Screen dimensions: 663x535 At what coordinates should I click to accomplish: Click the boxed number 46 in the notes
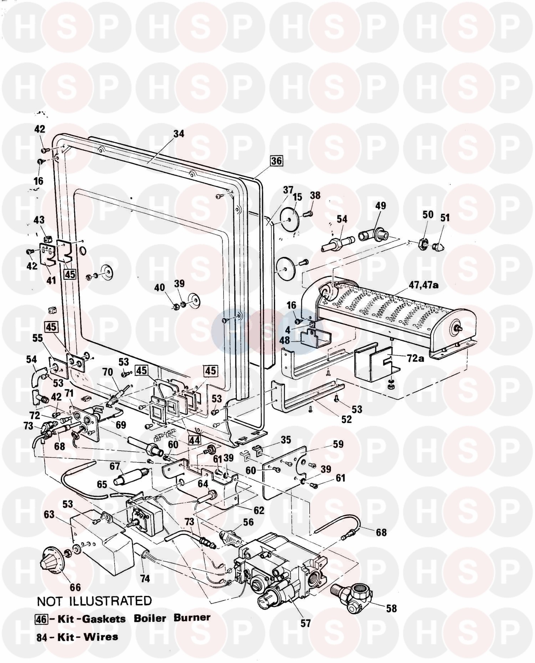[x=41, y=619]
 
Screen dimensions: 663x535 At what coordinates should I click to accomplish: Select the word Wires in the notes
[x=101, y=637]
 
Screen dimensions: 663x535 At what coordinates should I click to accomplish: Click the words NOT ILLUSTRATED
[x=95, y=601]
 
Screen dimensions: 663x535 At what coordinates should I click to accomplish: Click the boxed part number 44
[x=194, y=440]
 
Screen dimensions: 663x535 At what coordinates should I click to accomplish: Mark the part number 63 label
[x=49, y=514]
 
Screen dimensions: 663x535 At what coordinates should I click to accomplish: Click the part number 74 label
[x=145, y=579]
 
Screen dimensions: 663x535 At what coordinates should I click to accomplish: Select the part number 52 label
[x=346, y=419]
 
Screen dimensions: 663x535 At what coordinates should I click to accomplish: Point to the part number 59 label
[x=338, y=444]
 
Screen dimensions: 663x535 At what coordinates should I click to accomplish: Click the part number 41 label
[x=51, y=280]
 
